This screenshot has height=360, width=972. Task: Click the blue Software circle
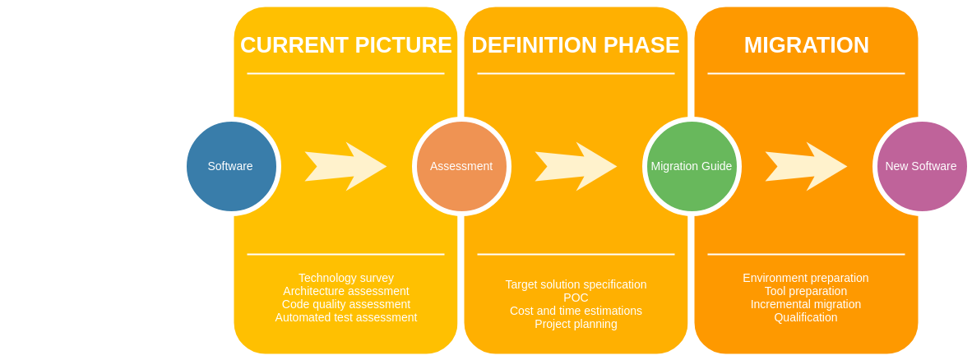(x=231, y=166)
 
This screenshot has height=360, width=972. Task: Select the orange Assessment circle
(x=461, y=166)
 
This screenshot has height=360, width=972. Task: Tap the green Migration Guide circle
(x=692, y=166)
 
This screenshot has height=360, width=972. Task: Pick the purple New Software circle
(x=921, y=166)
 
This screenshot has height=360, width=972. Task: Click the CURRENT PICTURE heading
(x=345, y=45)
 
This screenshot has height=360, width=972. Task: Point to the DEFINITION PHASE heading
(x=576, y=45)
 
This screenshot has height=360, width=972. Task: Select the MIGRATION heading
(x=806, y=45)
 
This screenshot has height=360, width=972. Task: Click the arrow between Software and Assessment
(x=345, y=166)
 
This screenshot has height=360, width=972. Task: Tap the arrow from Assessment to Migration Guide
(x=576, y=166)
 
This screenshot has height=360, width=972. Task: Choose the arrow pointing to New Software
(x=806, y=166)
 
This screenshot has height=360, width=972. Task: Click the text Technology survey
(x=345, y=278)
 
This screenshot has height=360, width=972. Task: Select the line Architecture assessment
(x=345, y=291)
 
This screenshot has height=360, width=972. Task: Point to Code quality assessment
(x=345, y=304)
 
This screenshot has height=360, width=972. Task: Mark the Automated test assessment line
(x=345, y=317)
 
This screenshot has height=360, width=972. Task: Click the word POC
(x=576, y=298)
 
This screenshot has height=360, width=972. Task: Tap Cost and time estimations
(x=576, y=311)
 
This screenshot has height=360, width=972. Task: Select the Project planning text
(x=576, y=324)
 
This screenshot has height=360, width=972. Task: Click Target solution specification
(x=576, y=284)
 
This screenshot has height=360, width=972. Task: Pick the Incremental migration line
(x=806, y=304)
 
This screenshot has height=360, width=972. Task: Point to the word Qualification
(x=806, y=317)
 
